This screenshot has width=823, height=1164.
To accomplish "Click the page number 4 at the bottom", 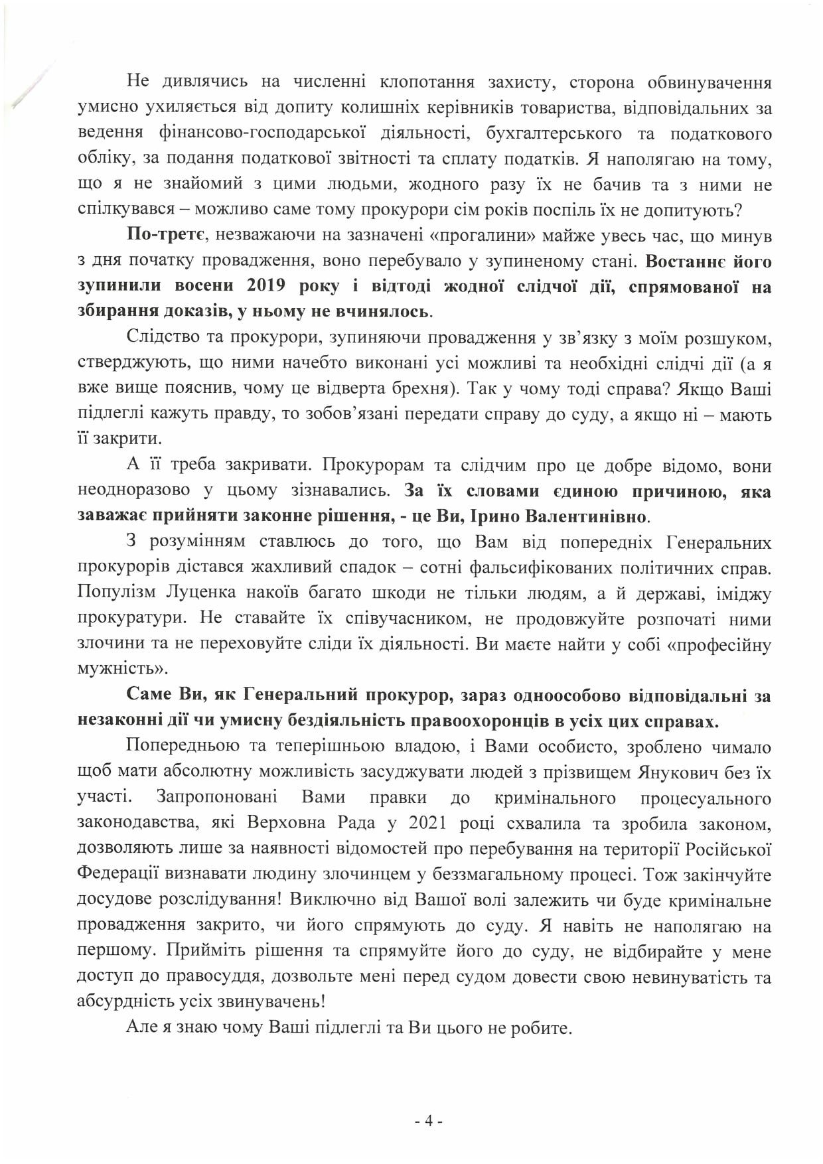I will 428,1122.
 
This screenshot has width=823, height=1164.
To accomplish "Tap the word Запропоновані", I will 218,798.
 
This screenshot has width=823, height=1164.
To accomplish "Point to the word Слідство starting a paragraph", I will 161,338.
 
